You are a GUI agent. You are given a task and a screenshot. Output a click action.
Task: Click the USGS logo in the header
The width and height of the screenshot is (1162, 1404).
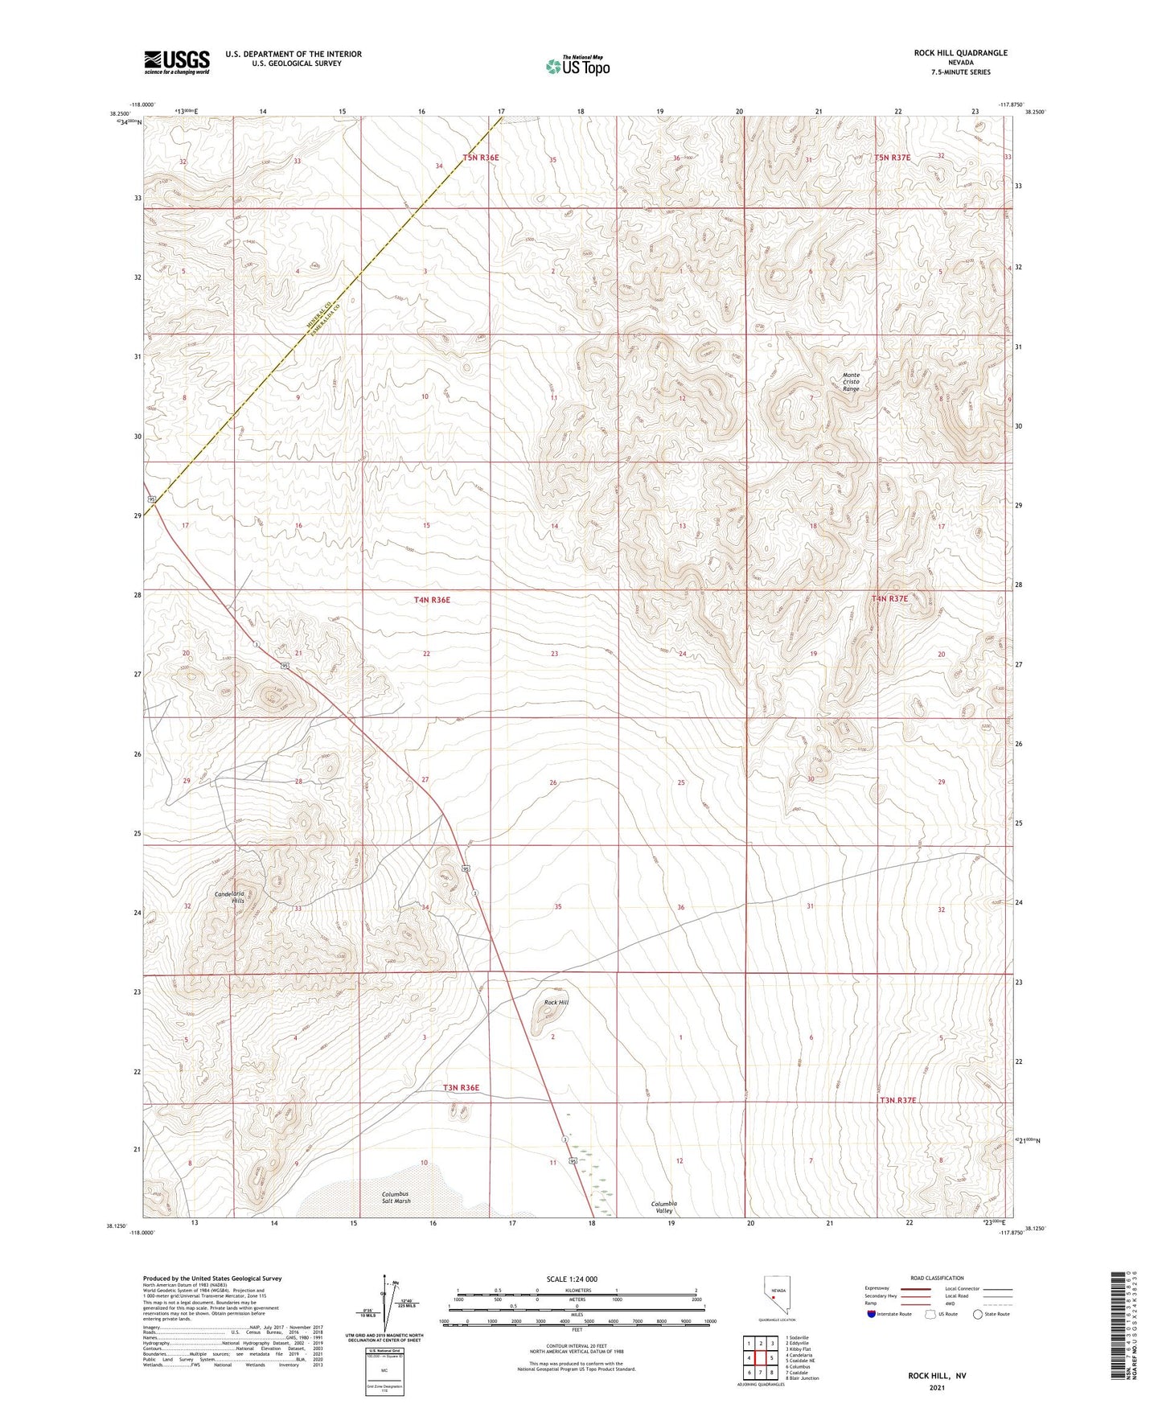[176, 62]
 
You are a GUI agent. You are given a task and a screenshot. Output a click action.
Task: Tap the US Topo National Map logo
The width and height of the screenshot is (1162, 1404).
[577, 65]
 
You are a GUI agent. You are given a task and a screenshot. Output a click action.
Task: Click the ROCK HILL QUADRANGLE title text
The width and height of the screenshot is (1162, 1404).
[959, 53]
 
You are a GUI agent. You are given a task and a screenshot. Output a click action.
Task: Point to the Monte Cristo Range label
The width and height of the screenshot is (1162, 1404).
[850, 382]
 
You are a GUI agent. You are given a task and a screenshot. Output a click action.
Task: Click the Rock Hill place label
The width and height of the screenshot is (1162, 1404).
[556, 1003]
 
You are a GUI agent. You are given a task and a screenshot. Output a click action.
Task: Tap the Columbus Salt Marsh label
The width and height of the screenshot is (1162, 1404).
[396, 1197]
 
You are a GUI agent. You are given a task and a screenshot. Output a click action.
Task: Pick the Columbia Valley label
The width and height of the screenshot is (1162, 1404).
[663, 1207]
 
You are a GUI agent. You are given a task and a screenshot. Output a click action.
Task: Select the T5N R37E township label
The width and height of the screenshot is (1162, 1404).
[893, 158]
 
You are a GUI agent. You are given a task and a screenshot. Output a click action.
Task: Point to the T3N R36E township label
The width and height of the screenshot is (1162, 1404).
[461, 1088]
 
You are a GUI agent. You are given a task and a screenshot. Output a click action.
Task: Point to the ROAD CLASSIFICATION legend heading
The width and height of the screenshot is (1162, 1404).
[937, 1278]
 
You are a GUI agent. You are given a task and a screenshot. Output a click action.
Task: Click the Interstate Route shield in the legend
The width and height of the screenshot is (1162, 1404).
[872, 1314]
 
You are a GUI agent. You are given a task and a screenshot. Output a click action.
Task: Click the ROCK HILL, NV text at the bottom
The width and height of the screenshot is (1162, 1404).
[937, 1376]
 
